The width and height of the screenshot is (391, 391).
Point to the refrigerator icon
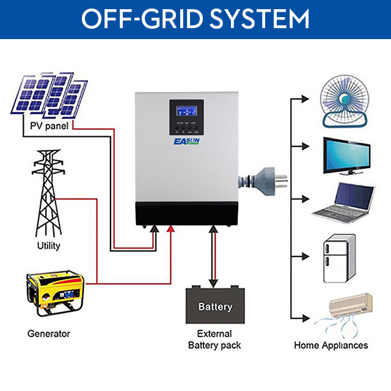335,259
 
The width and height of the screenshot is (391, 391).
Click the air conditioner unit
351,305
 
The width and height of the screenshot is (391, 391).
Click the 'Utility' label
48,246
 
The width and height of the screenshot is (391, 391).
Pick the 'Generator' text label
49,334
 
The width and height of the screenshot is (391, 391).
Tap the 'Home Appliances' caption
331,345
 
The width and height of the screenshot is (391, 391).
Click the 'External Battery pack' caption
214,340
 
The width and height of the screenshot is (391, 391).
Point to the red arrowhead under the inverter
172,229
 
